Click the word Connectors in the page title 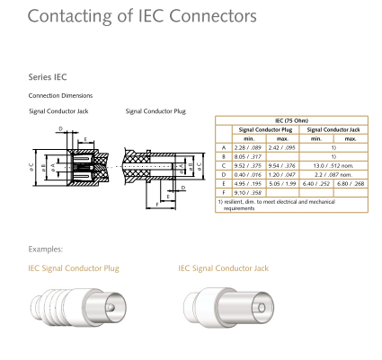click(213, 16)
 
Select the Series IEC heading click(48, 77)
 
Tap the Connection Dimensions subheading click(60, 96)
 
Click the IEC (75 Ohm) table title click(291, 120)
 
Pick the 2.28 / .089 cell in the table click(248, 147)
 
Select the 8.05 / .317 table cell click(248, 156)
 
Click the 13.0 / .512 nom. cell click(333, 165)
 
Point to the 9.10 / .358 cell click(248, 193)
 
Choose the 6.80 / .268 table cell click(351, 183)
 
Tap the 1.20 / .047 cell click(282, 174)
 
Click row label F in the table click(224, 193)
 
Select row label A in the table click(224, 147)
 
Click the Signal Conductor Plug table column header click(265, 129)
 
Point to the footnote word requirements click(239, 208)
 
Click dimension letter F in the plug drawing click(157, 205)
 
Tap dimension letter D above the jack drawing click(61, 129)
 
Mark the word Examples click(46, 250)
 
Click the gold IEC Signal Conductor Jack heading click(224, 268)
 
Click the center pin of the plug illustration click(110, 307)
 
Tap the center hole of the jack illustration click(262, 308)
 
